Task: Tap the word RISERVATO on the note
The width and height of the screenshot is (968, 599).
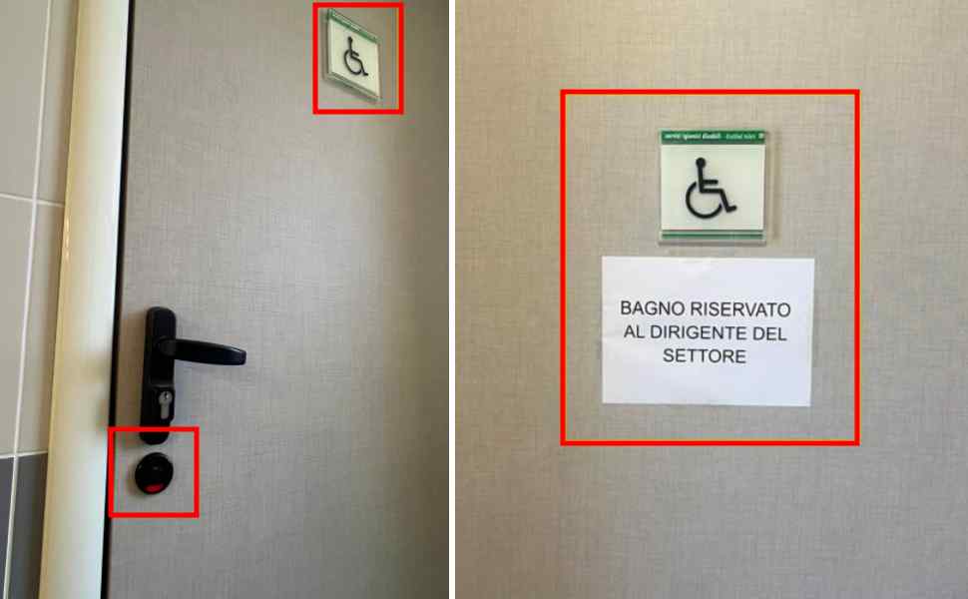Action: pos(739,310)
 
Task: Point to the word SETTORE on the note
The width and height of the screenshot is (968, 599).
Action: pos(708,356)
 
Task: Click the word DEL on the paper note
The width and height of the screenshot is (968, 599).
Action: pos(768,333)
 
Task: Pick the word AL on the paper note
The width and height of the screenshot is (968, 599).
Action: pos(634,333)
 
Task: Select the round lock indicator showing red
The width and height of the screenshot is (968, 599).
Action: pos(154,473)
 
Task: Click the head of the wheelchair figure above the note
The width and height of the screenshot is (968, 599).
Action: pos(704,161)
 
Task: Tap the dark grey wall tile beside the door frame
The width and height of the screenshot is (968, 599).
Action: pos(20,529)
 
